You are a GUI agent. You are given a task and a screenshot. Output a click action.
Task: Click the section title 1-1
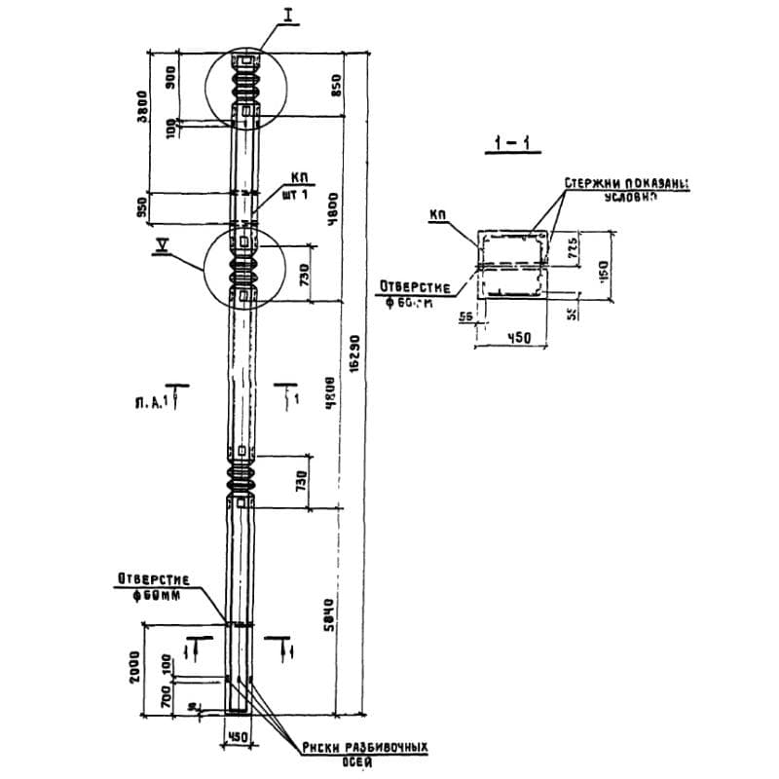click(x=511, y=146)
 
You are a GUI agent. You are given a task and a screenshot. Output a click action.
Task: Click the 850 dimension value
click(x=338, y=85)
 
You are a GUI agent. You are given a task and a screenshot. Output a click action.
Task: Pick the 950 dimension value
click(x=142, y=207)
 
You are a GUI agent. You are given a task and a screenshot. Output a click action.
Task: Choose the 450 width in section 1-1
click(x=509, y=337)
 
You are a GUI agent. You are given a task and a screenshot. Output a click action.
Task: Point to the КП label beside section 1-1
click(x=436, y=211)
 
